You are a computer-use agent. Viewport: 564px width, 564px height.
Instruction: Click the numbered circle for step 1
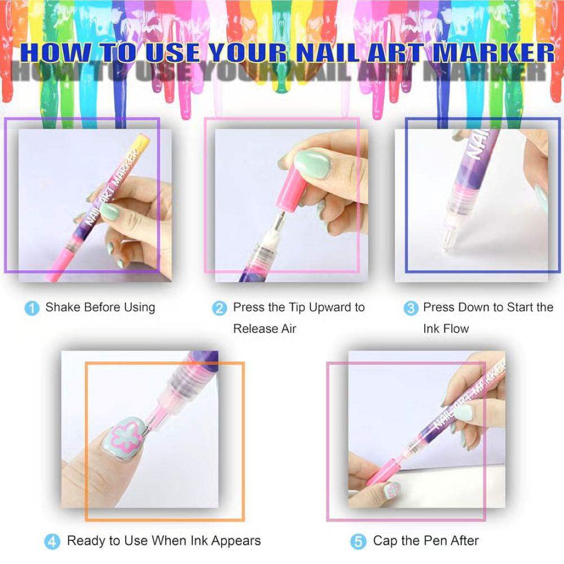[x=32, y=309]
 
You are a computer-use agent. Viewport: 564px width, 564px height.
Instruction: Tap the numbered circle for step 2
[x=219, y=309]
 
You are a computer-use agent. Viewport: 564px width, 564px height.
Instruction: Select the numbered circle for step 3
[x=411, y=309]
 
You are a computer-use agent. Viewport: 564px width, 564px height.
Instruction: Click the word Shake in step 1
[x=63, y=307]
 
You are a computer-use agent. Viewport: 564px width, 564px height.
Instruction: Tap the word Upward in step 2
[x=331, y=307]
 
